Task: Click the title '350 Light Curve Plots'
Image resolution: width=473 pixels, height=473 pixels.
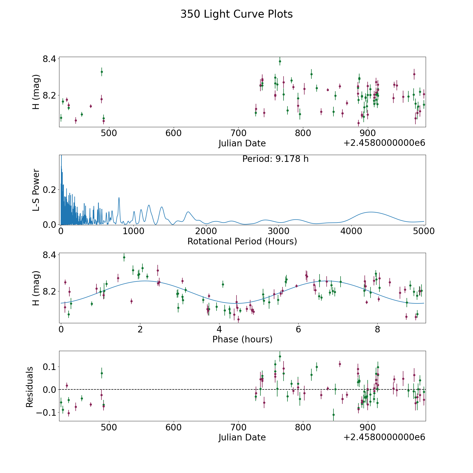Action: click(236, 14)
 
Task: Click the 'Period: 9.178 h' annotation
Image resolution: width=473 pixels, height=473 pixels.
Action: click(275, 159)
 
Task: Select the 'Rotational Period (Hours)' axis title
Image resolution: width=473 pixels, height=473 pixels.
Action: click(242, 241)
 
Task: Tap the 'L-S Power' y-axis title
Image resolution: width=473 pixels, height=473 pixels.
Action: click(36, 190)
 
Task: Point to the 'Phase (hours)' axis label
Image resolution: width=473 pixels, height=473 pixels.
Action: click(242, 339)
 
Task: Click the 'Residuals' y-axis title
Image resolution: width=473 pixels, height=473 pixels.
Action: click(30, 387)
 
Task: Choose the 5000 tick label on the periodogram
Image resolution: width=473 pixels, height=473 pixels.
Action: click(424, 231)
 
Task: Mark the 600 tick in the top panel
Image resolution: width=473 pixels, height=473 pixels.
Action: click(173, 133)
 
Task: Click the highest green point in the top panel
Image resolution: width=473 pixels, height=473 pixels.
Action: click(280, 61)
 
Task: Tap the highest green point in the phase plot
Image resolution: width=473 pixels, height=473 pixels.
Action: click(124, 257)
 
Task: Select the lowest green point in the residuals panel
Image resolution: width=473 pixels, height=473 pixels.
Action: click(333, 415)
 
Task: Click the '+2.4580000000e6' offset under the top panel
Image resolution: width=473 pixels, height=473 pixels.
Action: click(384, 143)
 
